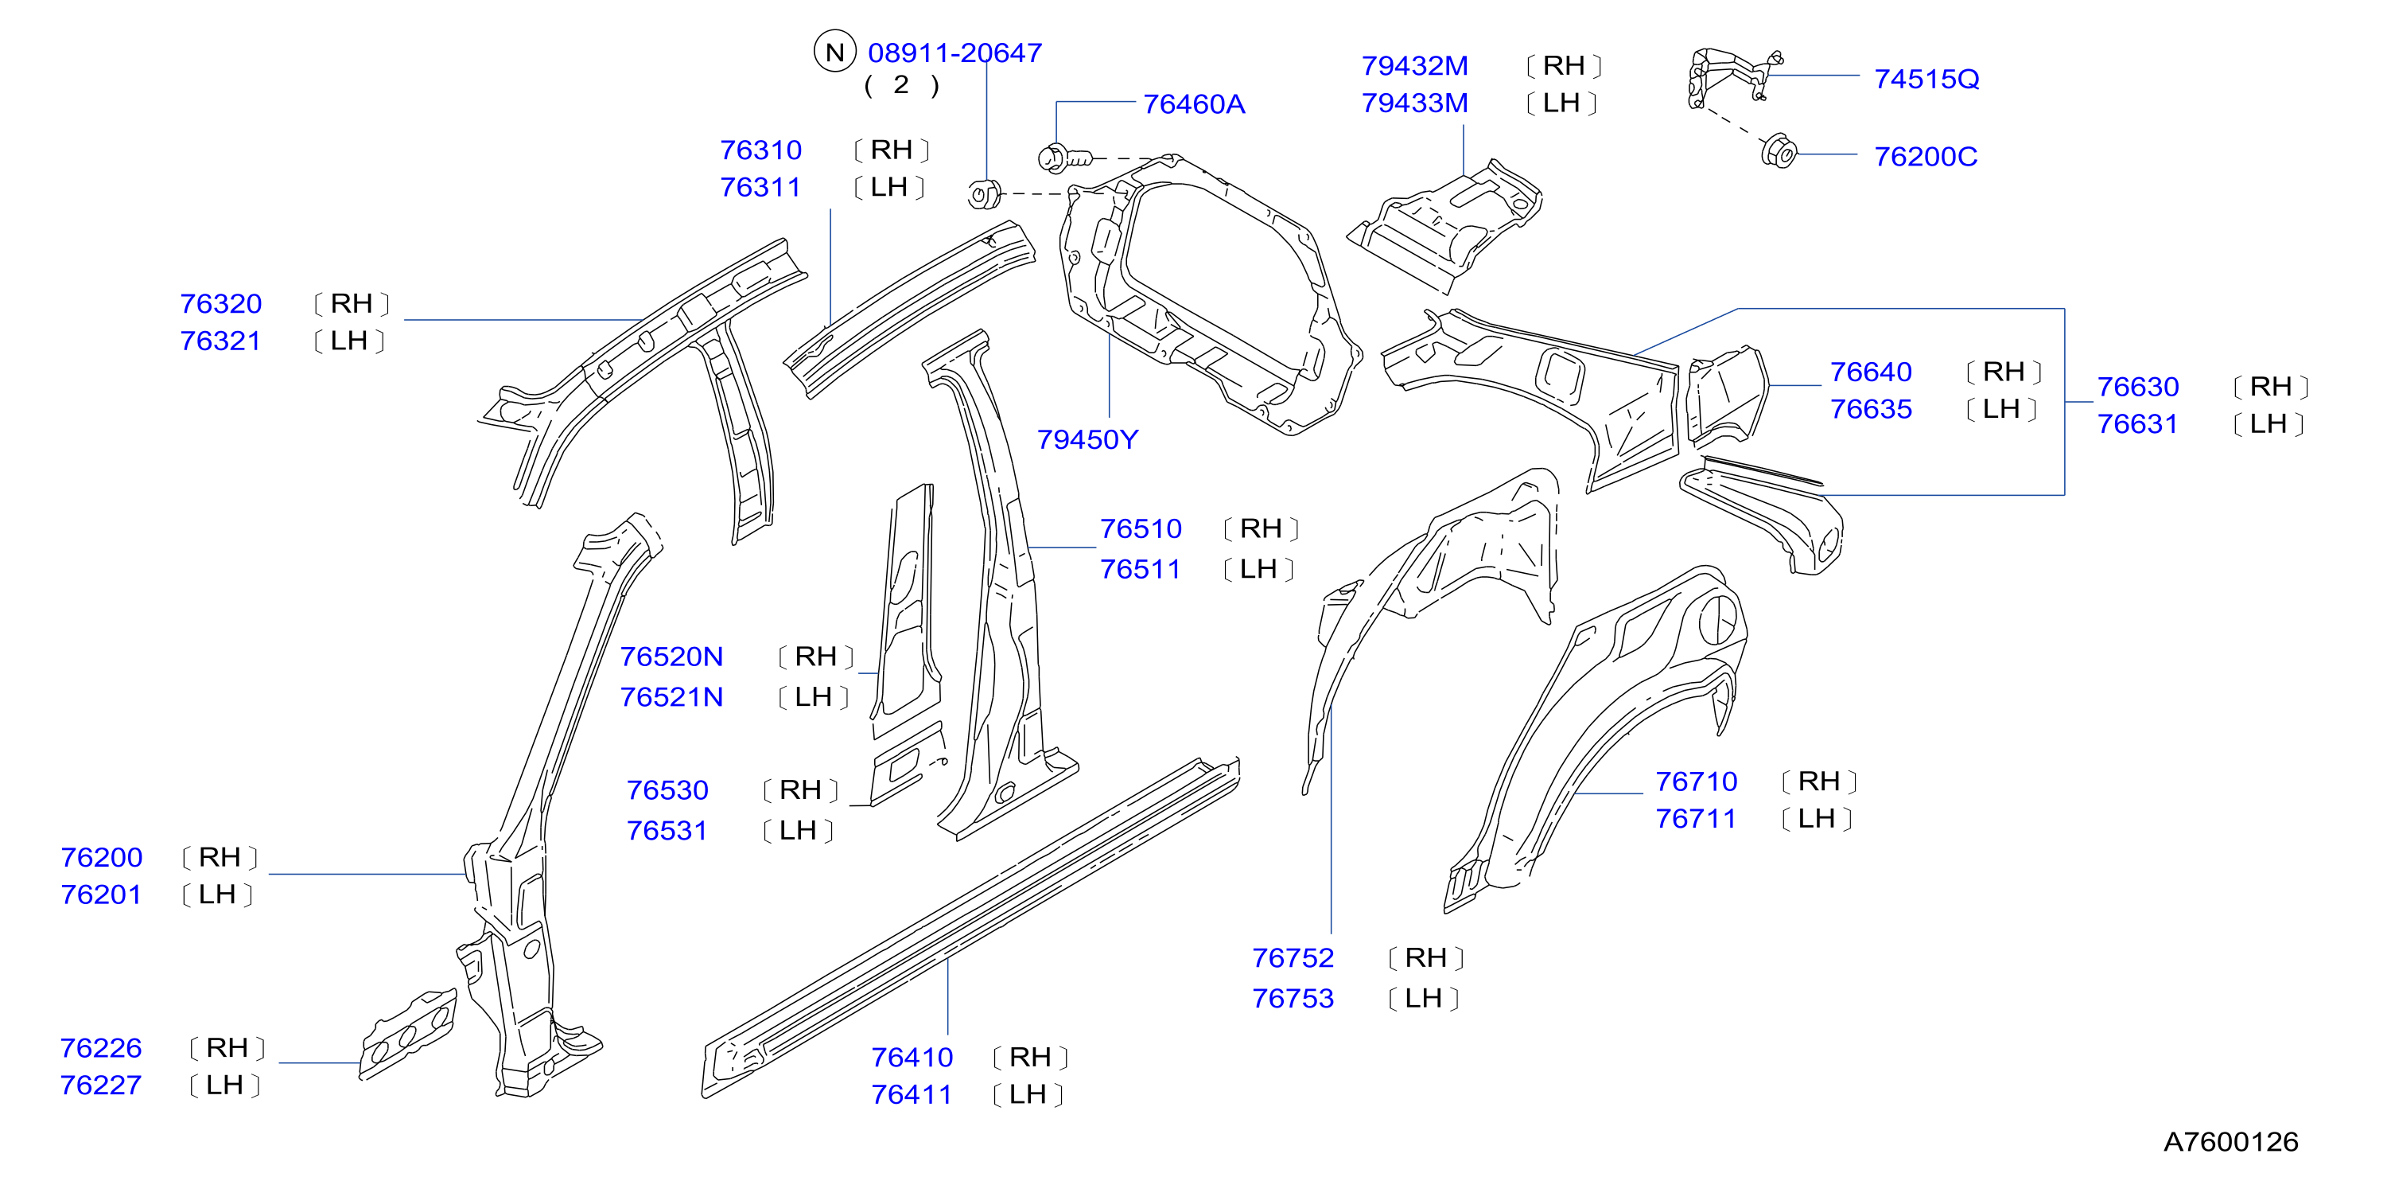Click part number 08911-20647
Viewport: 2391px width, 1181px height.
tap(954, 53)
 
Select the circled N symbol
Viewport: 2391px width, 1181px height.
tap(834, 52)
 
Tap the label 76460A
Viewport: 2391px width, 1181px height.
tap(1194, 104)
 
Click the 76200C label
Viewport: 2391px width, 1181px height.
tap(1925, 156)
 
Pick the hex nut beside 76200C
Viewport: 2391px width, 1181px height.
tap(1779, 151)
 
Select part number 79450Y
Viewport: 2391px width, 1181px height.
tap(1087, 439)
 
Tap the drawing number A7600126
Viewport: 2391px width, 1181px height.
tap(2230, 1141)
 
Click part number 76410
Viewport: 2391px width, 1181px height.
tap(912, 1057)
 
